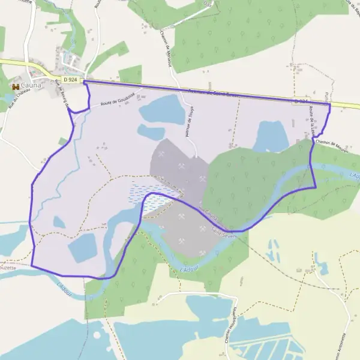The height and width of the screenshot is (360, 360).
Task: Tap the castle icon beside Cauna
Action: click(x=15, y=87)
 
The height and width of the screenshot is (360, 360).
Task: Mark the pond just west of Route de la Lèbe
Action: click(x=272, y=136)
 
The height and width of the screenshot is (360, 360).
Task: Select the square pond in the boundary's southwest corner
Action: click(x=82, y=248)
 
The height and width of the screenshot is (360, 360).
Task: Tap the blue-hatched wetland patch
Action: click(x=148, y=198)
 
